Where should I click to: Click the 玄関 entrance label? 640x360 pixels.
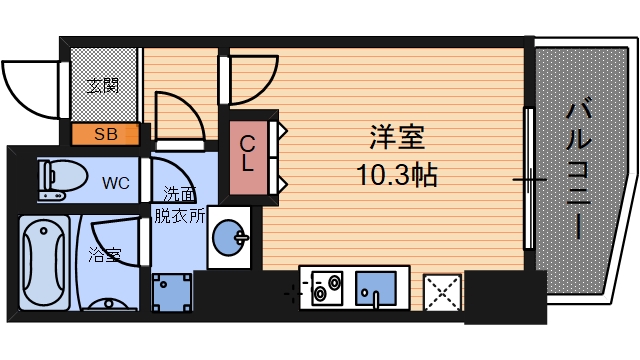(x=101, y=86)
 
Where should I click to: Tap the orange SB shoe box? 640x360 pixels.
(x=104, y=133)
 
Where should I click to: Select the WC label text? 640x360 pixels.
(x=115, y=183)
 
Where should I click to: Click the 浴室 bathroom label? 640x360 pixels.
(x=104, y=254)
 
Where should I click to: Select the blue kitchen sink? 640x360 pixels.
(x=377, y=289)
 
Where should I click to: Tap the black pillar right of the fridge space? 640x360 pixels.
(x=506, y=297)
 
